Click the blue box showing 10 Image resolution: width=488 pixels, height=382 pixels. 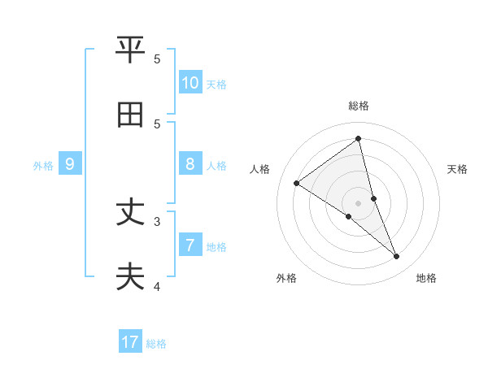190,83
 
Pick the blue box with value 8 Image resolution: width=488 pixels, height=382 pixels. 190,165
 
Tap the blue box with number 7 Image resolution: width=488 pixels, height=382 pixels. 190,245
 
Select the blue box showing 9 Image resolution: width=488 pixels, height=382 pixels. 71,165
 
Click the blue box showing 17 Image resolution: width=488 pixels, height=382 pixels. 130,342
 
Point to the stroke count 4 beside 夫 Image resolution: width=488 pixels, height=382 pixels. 157,286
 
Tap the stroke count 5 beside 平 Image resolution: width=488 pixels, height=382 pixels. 157,59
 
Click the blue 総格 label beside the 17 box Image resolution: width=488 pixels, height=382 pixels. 156,344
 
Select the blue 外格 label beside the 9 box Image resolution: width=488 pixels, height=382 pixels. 43,166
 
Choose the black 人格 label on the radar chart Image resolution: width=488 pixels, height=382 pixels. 260,169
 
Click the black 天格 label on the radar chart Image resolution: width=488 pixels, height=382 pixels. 458,169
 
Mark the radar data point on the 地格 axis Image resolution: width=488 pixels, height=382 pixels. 397,257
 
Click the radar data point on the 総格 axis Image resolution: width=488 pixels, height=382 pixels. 359,138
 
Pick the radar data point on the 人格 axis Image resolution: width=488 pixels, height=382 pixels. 297,184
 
